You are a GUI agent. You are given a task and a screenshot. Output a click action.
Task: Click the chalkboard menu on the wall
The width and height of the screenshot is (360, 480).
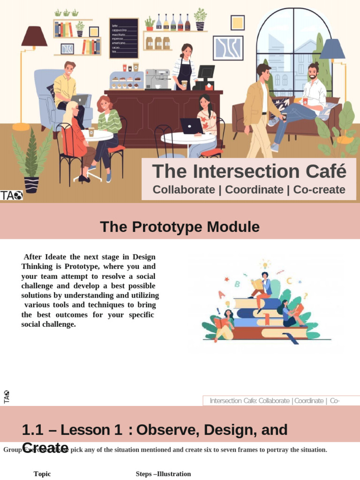click(124, 38)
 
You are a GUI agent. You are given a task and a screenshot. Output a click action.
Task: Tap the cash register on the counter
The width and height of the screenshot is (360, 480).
click(205, 77)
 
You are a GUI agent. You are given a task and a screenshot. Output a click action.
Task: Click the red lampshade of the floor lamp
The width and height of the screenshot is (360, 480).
click(34, 37)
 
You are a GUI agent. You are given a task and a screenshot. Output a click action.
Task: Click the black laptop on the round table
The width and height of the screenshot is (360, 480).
click(191, 126)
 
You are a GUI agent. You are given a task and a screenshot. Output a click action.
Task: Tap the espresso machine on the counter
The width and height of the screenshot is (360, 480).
click(157, 79)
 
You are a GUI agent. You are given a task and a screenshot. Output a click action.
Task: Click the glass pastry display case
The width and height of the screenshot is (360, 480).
click(126, 81)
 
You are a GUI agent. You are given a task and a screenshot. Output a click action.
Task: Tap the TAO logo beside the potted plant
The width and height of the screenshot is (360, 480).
click(11, 195)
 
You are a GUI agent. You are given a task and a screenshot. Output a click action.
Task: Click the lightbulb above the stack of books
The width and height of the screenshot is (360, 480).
click(266, 264)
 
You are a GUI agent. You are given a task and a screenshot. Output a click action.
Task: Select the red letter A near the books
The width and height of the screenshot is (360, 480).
click(222, 294)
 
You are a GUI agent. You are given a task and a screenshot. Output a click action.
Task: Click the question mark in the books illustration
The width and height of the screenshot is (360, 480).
click(305, 296)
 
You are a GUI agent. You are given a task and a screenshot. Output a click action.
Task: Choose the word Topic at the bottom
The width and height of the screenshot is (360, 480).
click(42, 474)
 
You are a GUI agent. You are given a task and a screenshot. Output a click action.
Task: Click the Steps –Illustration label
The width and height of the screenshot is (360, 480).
click(163, 474)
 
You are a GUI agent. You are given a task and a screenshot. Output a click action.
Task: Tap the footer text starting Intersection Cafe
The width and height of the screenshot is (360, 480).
click(274, 401)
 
